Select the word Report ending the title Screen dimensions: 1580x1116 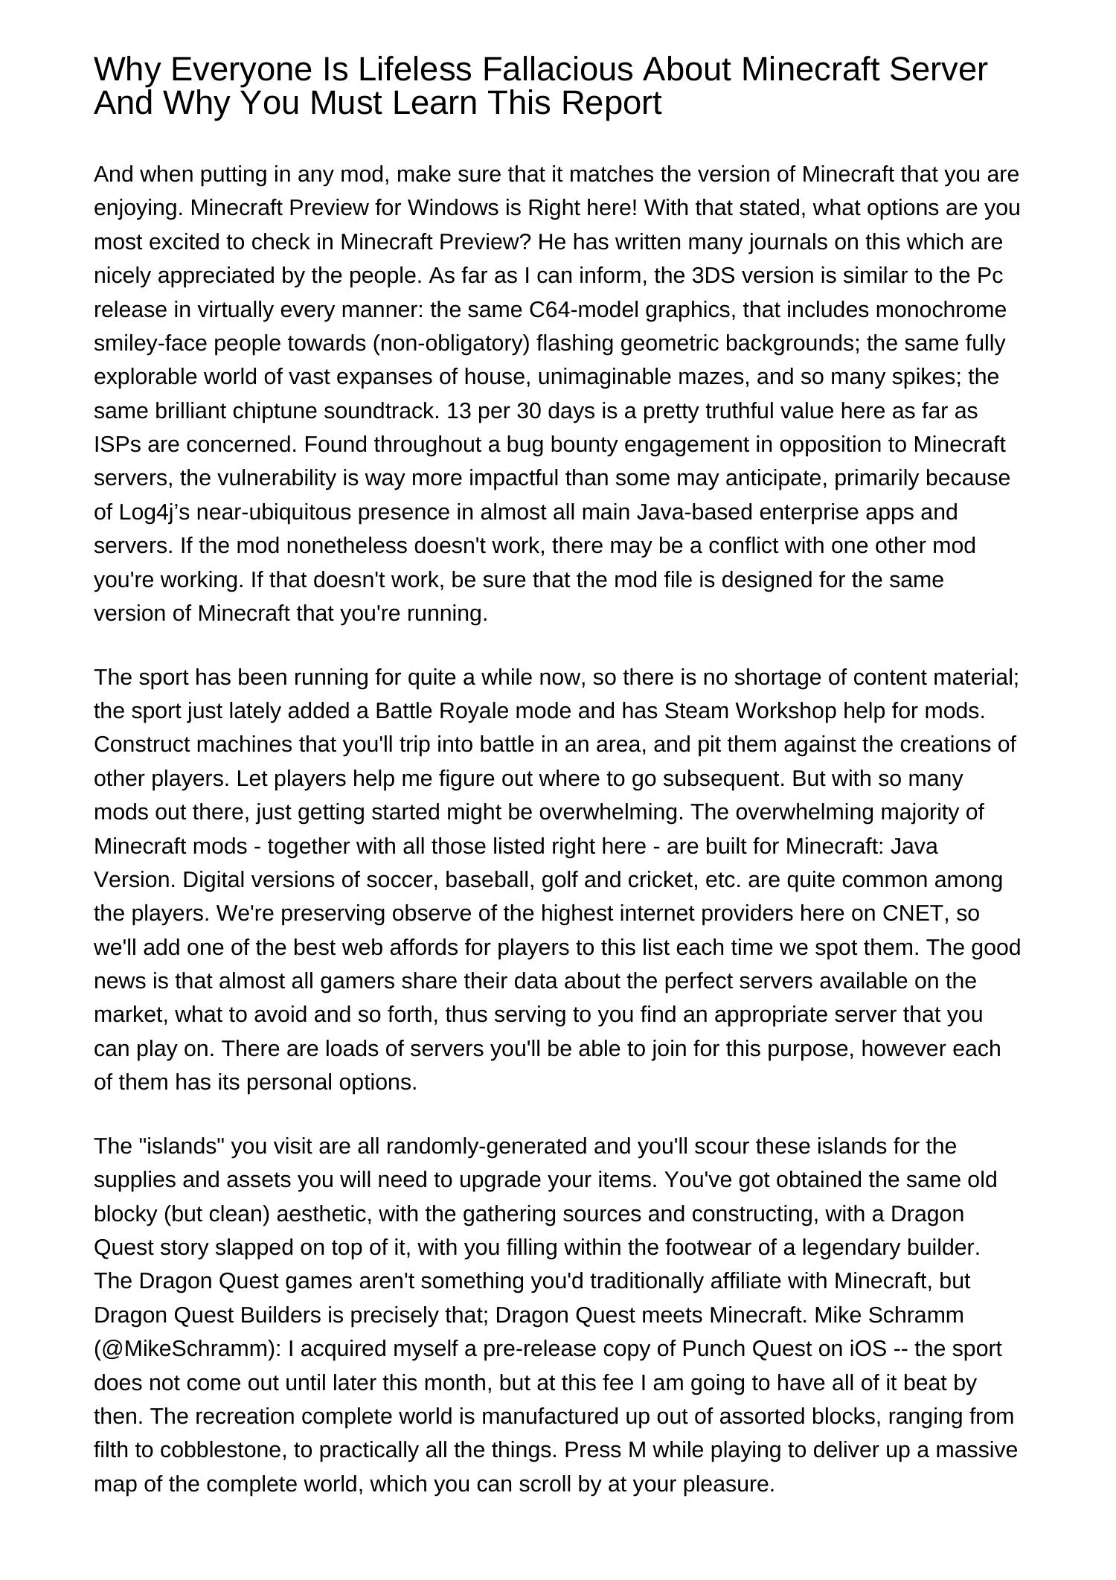pyautogui.click(x=611, y=103)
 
